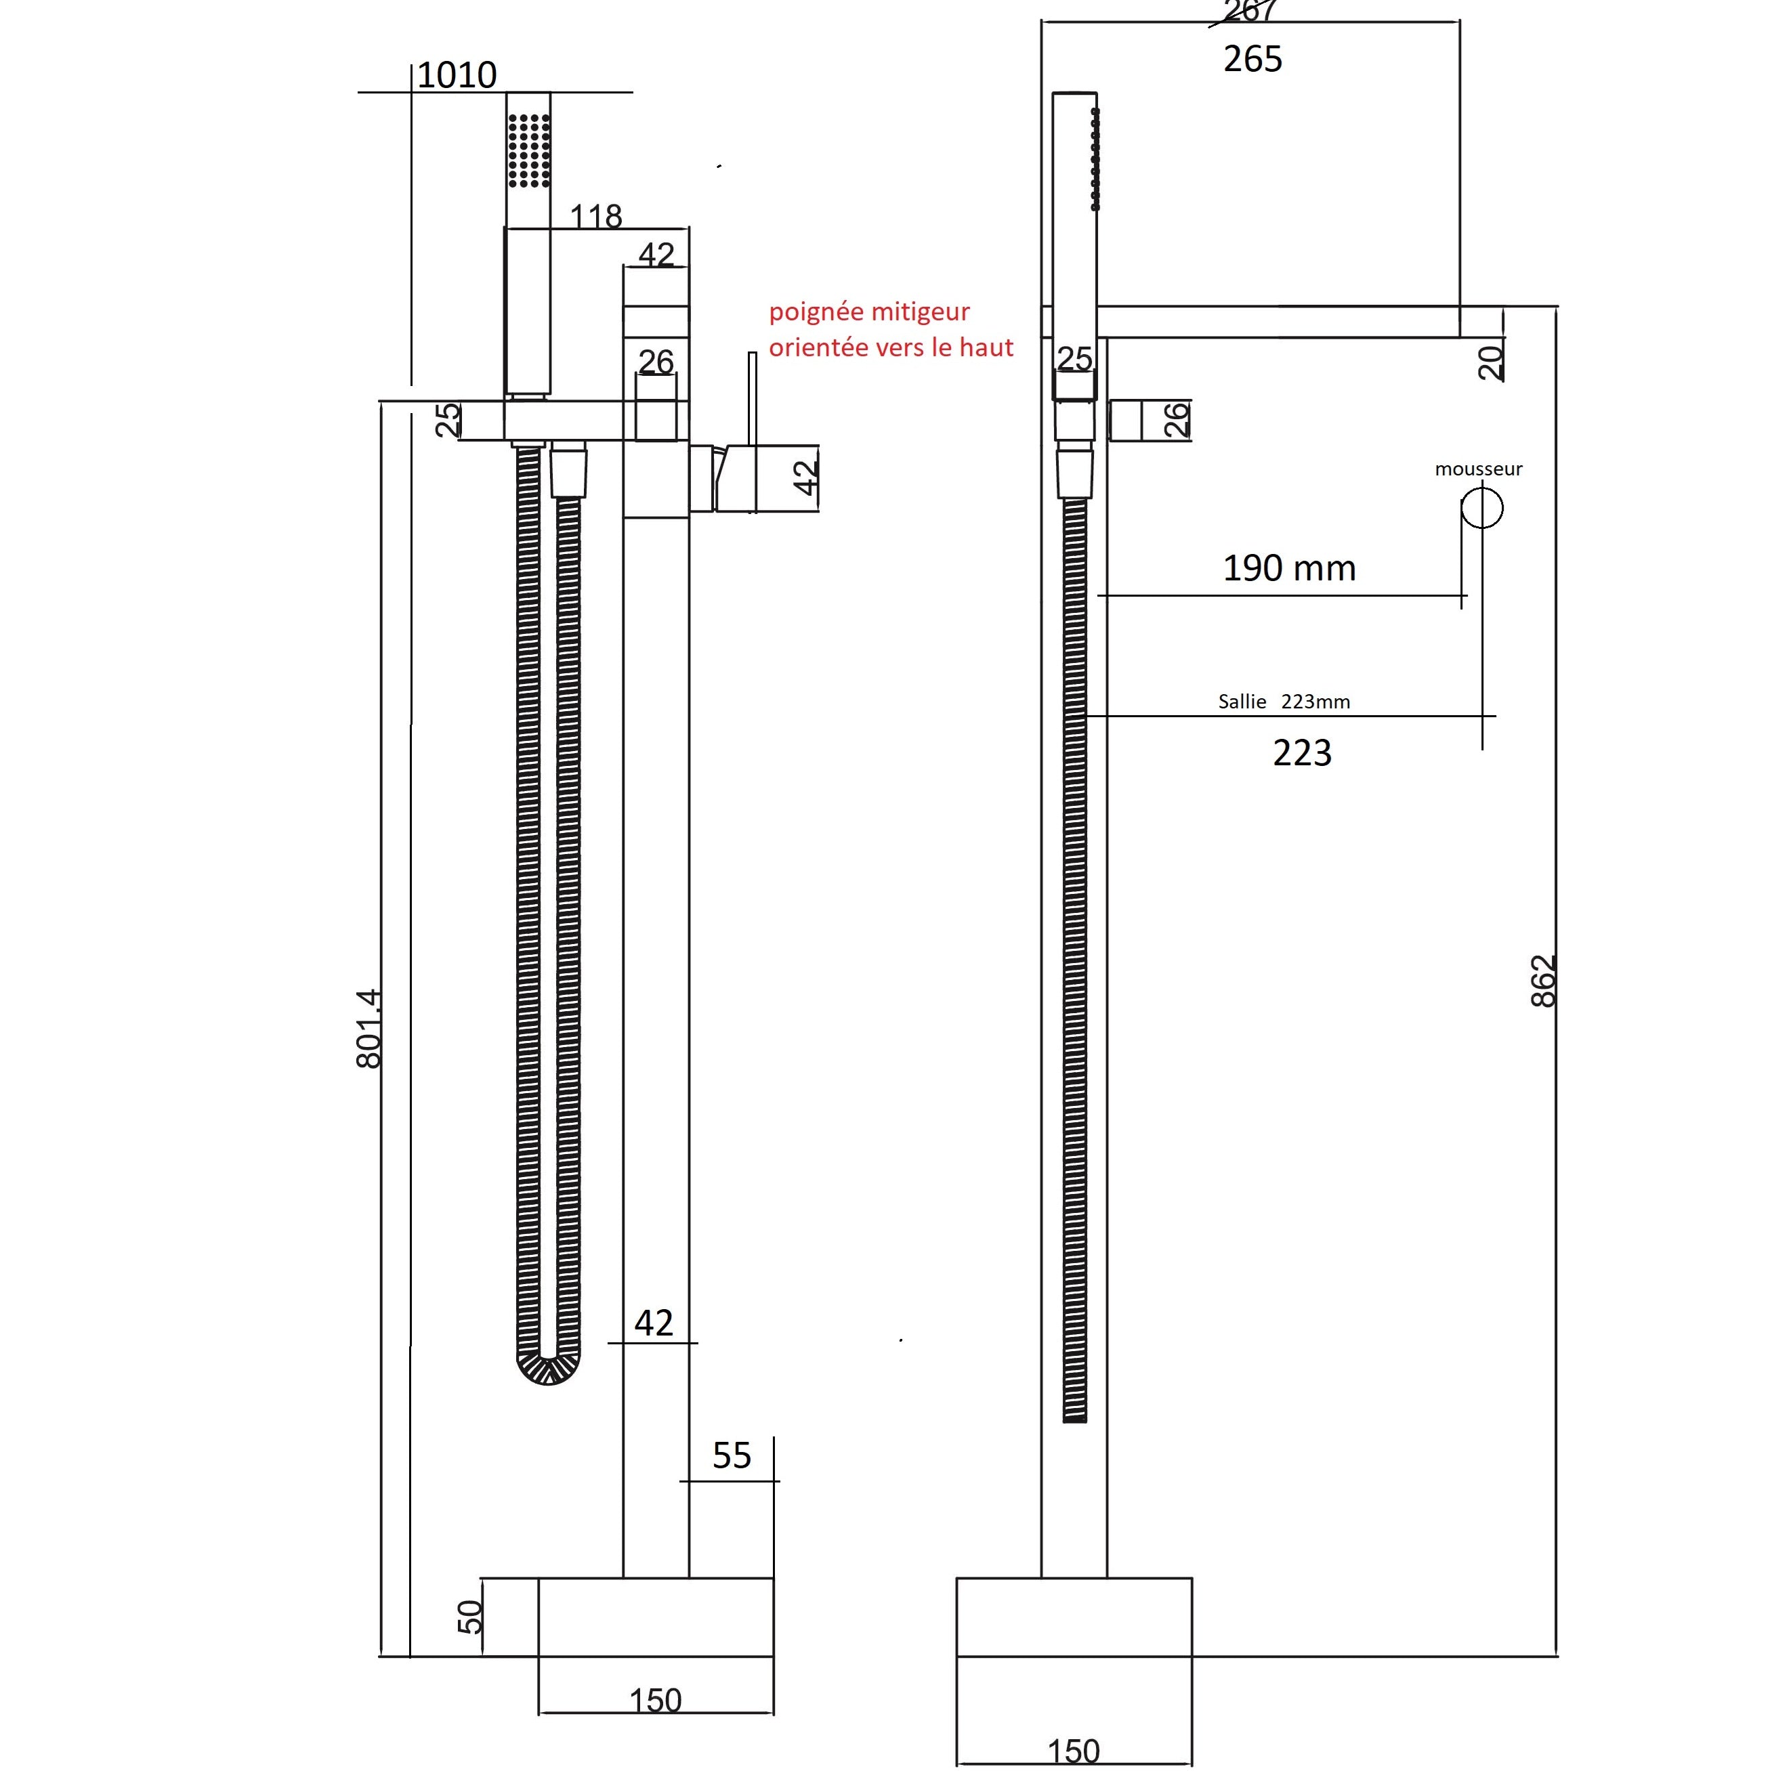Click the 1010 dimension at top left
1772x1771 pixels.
[456, 75]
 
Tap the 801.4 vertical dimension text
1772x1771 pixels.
[368, 1028]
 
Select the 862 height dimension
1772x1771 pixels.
[1544, 981]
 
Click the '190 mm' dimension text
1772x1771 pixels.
[1288, 569]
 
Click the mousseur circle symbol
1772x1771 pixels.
[1481, 508]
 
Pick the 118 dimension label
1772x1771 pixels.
[596, 217]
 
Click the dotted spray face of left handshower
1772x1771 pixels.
[529, 150]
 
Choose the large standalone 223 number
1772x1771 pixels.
[1301, 753]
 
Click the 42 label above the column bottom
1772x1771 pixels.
[653, 1323]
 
